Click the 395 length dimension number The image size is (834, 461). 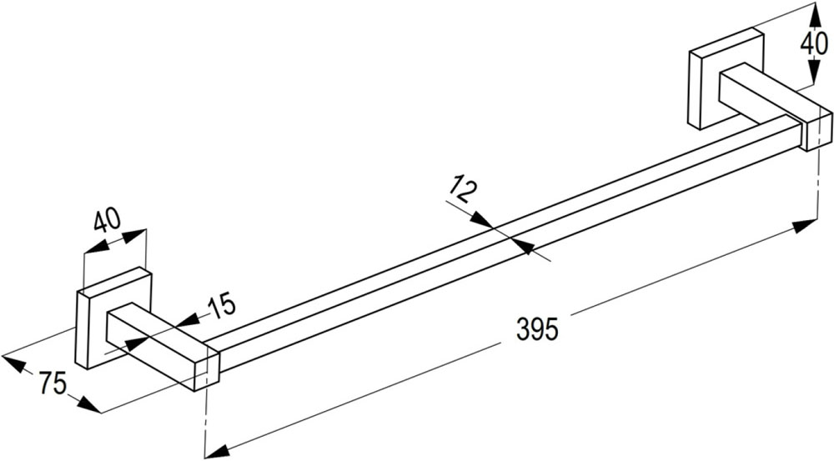[x=537, y=329]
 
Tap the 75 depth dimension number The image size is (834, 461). [x=52, y=382]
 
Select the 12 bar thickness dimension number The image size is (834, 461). [x=461, y=190]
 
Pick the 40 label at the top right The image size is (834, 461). [x=813, y=43]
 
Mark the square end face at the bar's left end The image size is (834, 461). [x=207, y=371]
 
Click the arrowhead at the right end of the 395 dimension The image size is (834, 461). [x=805, y=226]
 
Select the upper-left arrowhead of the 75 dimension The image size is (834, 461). [x=14, y=363]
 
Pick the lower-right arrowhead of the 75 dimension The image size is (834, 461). [x=88, y=405]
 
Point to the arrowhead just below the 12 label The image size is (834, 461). [x=483, y=219]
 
